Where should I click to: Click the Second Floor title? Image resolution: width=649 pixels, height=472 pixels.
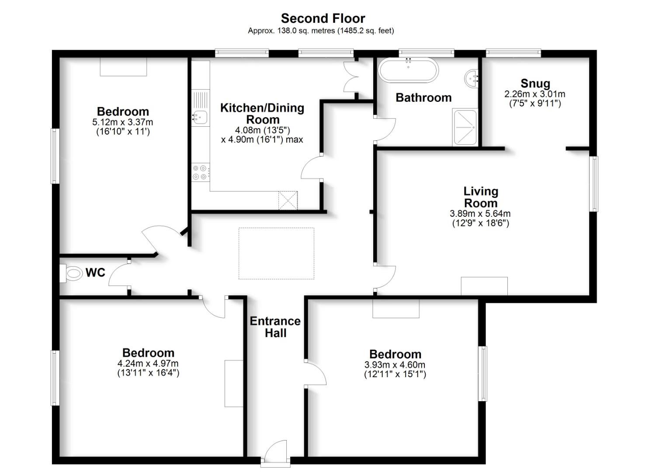click(x=323, y=18)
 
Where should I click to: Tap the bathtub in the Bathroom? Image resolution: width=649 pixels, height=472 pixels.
click(x=408, y=70)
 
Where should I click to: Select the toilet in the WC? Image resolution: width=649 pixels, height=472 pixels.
click(x=73, y=274)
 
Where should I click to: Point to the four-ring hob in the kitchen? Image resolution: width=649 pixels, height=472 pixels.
click(x=201, y=172)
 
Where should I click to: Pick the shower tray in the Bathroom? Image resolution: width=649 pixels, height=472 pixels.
click(x=465, y=127)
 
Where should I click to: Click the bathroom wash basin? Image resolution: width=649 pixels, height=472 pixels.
click(x=471, y=79)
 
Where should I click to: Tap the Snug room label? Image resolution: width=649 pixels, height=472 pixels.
click(x=535, y=83)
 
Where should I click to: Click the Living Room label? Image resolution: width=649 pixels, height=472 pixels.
click(x=480, y=197)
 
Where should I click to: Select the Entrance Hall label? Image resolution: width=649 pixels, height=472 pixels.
click(x=275, y=327)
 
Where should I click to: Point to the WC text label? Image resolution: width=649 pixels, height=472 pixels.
click(x=95, y=273)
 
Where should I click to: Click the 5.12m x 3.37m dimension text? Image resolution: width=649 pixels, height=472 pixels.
click(x=123, y=122)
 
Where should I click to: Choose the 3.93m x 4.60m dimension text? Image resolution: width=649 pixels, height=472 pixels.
click(x=395, y=365)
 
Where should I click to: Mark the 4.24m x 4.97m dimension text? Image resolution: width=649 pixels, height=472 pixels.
click(x=148, y=364)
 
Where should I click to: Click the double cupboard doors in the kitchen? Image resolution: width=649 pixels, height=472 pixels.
click(x=351, y=77)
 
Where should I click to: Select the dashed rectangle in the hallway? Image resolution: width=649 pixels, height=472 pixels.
click(x=276, y=253)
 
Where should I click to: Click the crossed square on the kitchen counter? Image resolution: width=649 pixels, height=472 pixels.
click(x=288, y=200)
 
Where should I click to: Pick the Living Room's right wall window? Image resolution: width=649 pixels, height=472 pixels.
click(x=594, y=184)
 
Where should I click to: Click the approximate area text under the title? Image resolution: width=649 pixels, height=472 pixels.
click(x=321, y=31)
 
